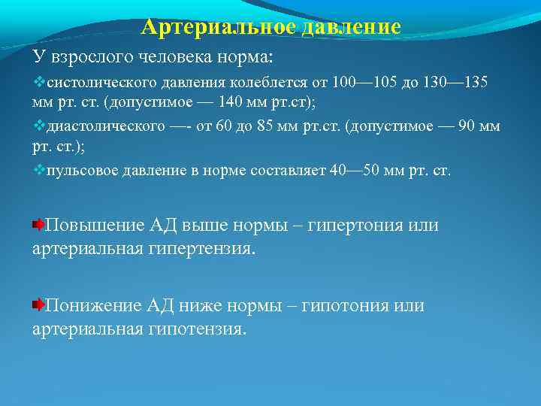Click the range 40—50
point(355,171)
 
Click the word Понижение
point(93,306)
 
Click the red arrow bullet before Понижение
point(38,305)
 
